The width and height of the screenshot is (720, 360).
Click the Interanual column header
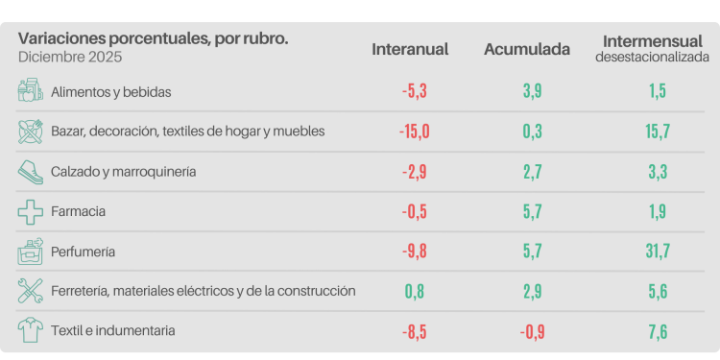[x=410, y=49]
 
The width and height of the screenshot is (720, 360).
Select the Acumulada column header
[x=527, y=49]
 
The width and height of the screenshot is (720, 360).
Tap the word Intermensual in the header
[x=652, y=41]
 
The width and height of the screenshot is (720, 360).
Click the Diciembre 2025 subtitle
[x=63, y=57]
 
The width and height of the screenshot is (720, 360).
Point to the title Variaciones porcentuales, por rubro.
[x=153, y=38]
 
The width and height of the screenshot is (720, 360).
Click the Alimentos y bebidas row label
[x=110, y=91]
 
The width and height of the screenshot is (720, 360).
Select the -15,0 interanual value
[x=415, y=131]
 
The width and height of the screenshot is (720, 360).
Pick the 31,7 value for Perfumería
[x=657, y=251]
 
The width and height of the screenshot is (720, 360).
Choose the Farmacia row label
[x=78, y=210]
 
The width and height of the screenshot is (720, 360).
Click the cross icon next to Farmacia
[x=31, y=210]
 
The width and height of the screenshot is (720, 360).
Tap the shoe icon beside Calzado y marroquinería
[x=31, y=171]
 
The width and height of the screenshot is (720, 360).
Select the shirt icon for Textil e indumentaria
[x=31, y=330]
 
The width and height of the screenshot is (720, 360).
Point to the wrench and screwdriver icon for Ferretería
[x=31, y=290]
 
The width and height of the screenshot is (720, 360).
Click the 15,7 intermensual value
[x=657, y=131]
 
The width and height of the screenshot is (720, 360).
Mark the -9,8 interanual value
[x=415, y=251]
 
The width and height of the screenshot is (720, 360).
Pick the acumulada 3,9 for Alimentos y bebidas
[x=533, y=91]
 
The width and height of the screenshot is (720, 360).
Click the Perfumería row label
[x=84, y=251]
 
